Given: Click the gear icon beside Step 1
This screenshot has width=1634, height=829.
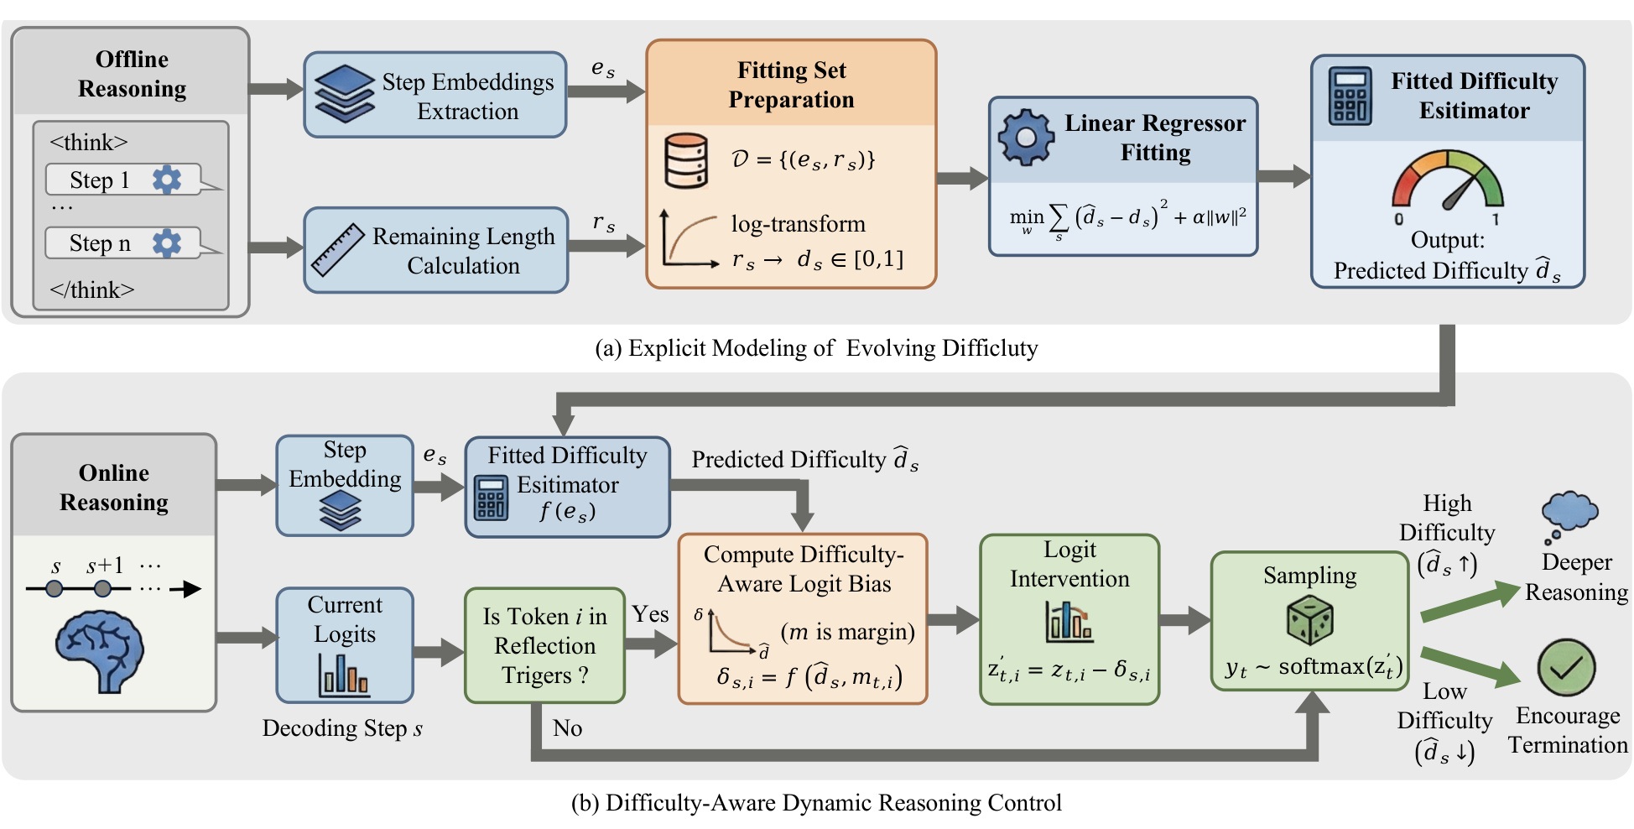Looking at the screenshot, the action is click(166, 179).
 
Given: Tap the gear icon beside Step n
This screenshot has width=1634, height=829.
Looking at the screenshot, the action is click(166, 242).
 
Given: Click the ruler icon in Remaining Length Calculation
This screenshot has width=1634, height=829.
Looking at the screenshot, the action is click(337, 250).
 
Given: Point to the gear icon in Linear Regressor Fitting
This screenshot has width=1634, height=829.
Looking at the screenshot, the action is click(1025, 138).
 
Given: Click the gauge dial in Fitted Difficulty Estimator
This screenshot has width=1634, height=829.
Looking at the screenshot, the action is click(1448, 180).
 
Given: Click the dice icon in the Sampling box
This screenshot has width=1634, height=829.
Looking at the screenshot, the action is click(1309, 621).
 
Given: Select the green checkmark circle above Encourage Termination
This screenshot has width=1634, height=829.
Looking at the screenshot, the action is click(1566, 667).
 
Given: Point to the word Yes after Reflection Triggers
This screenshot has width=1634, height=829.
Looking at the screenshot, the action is click(650, 614).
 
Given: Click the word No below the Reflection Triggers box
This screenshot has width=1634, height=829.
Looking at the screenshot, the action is click(567, 727).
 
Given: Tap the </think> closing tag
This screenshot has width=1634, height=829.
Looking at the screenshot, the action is click(91, 289).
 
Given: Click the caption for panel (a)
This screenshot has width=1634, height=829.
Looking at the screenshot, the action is click(816, 347).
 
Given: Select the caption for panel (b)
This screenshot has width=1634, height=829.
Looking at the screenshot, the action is click(816, 802).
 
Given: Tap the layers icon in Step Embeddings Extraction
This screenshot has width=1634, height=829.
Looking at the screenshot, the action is click(344, 94).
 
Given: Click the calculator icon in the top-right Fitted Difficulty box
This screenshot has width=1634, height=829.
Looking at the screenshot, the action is click(1350, 96).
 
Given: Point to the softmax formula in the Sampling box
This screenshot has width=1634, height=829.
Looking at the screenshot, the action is click(1313, 666).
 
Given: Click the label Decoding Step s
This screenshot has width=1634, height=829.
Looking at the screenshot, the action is click(342, 727).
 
